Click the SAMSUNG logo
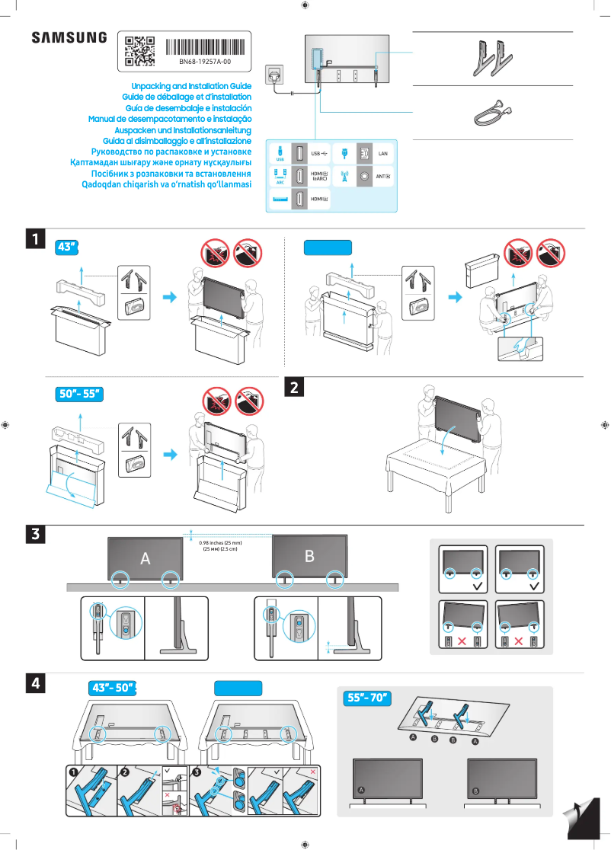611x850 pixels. (69, 38)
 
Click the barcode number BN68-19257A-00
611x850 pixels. (205, 61)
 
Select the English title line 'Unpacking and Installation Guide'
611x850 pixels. (191, 87)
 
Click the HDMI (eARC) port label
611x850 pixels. (319, 177)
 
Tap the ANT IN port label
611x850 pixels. (383, 177)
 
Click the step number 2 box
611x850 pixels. (295, 387)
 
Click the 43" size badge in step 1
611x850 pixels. (68, 247)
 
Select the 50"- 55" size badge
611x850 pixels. (79, 394)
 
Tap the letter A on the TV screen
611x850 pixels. (145, 558)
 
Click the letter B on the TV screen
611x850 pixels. (309, 556)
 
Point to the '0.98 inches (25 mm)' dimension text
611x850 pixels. (220, 543)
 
